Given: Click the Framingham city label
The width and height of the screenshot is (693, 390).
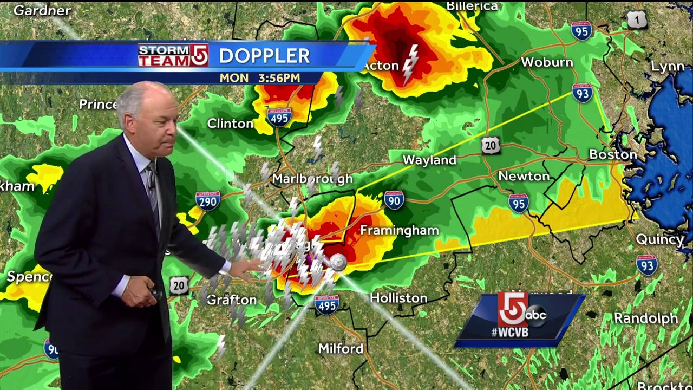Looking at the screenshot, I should pyautogui.click(x=399, y=230).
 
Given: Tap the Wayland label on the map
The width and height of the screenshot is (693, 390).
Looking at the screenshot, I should pyautogui.click(x=429, y=160).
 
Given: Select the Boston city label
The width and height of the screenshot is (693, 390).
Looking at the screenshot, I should pyautogui.click(x=613, y=154).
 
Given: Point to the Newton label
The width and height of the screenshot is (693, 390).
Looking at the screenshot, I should pyautogui.click(x=524, y=176).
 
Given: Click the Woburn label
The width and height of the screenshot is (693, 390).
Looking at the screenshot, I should pyautogui.click(x=547, y=62).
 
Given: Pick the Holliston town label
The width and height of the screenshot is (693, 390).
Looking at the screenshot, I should pyautogui.click(x=398, y=298).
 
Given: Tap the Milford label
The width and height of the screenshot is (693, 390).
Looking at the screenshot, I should pyautogui.click(x=341, y=348).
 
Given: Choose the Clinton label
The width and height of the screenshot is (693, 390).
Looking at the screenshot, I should pyautogui.click(x=230, y=123).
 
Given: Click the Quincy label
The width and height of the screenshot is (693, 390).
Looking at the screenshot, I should pyautogui.click(x=659, y=239).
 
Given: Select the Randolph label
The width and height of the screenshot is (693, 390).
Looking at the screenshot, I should pyautogui.click(x=646, y=318).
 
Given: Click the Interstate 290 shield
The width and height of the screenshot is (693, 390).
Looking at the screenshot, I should pyautogui.click(x=208, y=200).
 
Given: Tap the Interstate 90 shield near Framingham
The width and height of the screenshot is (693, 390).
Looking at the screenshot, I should pyautogui.click(x=394, y=200).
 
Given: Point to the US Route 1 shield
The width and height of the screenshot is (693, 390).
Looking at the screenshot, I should pyautogui.click(x=637, y=20).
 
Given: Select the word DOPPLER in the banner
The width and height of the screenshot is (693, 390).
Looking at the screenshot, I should pyautogui.click(x=264, y=55).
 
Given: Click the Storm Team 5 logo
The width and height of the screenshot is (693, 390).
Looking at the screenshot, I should pyautogui.click(x=173, y=55).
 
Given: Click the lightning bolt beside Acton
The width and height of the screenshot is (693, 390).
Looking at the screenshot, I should pyautogui.click(x=411, y=63).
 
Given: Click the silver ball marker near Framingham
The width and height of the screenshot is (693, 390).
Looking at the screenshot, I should pyautogui.click(x=338, y=263).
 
